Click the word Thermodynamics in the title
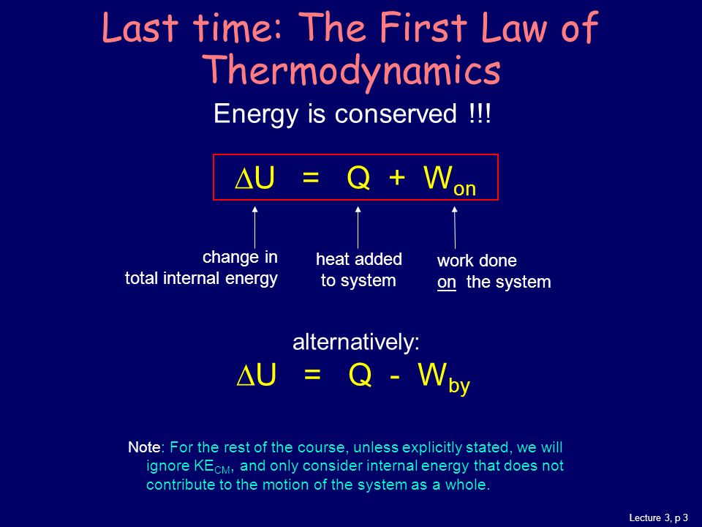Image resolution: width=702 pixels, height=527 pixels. [x=353, y=72]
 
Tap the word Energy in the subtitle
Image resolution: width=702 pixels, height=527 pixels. [x=256, y=114]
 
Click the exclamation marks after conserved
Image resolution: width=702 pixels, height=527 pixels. [x=480, y=113]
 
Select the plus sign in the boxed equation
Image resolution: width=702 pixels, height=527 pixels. [x=396, y=178]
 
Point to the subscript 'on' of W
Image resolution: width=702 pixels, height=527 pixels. [x=464, y=189]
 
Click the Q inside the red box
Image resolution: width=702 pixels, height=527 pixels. [x=358, y=179]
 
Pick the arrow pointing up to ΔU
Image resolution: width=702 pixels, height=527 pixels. [x=254, y=227]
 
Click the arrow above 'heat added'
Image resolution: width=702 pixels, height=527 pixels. [x=358, y=227]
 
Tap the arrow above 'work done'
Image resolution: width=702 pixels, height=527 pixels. [x=455, y=227]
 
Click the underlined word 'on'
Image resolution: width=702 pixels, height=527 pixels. [x=446, y=283]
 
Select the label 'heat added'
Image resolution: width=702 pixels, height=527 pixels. [x=358, y=259]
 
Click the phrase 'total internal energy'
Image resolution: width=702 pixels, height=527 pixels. [x=201, y=279]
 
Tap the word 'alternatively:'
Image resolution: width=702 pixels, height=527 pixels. [x=356, y=342]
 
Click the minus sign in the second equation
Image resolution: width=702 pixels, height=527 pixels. [x=395, y=375]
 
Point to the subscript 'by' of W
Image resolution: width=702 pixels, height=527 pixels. [x=459, y=386]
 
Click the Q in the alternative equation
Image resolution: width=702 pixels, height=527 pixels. [x=360, y=374]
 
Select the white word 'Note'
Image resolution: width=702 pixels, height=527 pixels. [x=144, y=447]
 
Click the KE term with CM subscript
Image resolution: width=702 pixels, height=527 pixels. [x=212, y=466]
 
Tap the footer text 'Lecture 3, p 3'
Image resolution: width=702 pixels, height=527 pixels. [x=659, y=517]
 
